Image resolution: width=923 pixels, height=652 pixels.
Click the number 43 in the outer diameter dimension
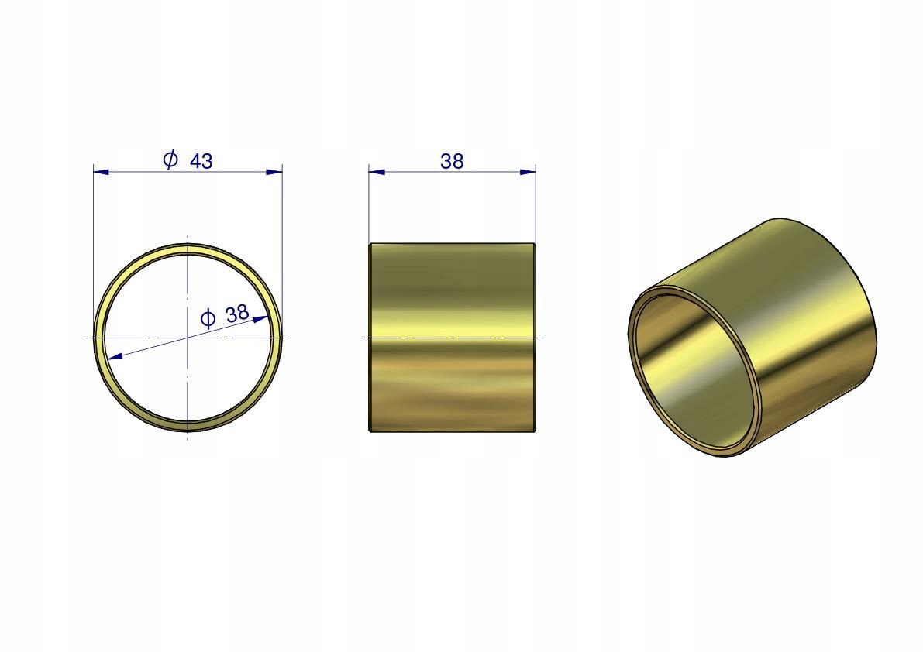[201, 160]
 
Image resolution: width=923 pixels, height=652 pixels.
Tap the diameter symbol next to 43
[170, 160]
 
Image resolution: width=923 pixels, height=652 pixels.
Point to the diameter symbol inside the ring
[208, 319]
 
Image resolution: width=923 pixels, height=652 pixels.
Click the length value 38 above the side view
[452, 161]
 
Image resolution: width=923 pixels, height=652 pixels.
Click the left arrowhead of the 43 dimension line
[102, 172]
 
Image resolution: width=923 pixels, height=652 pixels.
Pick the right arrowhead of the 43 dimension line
[274, 172]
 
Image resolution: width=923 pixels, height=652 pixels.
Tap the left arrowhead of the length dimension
[377, 172]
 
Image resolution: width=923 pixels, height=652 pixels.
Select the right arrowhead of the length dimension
[528, 172]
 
